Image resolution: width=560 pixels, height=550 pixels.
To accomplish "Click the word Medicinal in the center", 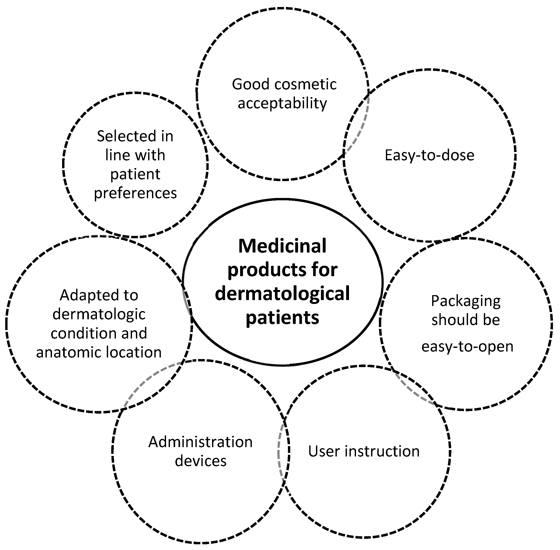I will (x=282, y=246).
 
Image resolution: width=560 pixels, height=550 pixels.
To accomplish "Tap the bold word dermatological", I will (x=282, y=294).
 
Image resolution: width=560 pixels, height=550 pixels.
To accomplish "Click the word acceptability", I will (x=282, y=103).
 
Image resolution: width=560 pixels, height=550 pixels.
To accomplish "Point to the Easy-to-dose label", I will (x=429, y=155).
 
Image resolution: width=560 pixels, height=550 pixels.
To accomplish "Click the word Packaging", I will (x=465, y=302).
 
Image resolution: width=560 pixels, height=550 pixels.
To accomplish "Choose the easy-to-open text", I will (x=467, y=346).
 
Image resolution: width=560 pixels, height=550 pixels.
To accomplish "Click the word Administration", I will (x=200, y=442).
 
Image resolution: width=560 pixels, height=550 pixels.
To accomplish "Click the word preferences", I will (x=135, y=193).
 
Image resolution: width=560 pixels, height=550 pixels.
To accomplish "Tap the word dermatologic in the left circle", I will (x=99, y=314).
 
